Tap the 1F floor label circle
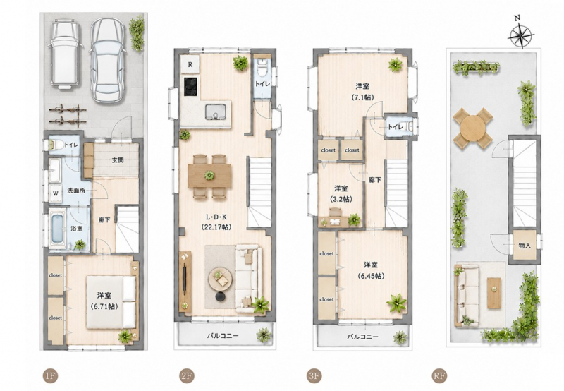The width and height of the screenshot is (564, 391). [x=50, y=376]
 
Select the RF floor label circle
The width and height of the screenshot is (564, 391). [x=439, y=376]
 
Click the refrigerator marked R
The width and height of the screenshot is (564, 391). [x=190, y=65]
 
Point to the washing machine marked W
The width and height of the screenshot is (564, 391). [x=56, y=193]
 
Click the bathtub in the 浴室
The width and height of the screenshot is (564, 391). [x=58, y=229]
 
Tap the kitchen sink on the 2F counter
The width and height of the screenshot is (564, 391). [x=216, y=112]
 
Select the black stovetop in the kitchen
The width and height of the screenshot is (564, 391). [x=191, y=87]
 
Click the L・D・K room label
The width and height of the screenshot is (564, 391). [x=216, y=217]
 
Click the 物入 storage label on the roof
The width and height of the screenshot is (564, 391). [x=525, y=246]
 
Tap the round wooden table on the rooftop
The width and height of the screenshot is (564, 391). [x=472, y=128]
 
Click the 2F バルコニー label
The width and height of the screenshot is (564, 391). [x=223, y=336]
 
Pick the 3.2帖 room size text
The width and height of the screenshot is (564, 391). [x=341, y=199]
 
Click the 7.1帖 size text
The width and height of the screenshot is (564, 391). [x=362, y=97]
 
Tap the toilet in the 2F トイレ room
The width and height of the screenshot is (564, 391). [x=262, y=66]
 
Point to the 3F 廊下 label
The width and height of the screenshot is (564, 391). [x=375, y=180]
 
